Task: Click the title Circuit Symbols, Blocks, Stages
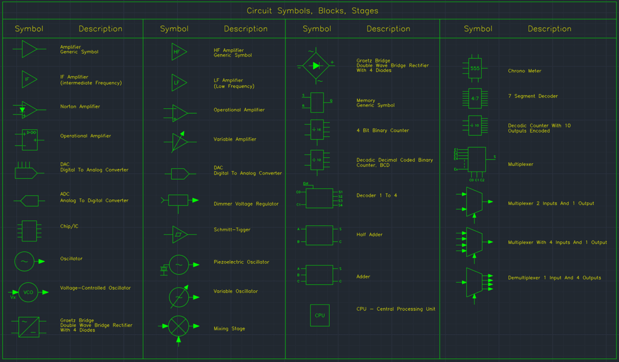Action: pos(312,11)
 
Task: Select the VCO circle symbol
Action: pos(28,292)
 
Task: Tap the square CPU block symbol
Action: pos(319,315)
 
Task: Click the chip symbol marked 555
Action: pos(475,68)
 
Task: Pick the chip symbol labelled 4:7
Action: pos(475,97)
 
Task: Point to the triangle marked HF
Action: pos(178,52)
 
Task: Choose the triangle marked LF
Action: pos(178,83)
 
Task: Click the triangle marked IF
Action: pos(28,79)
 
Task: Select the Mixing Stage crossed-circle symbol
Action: pos(178,326)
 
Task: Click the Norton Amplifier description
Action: pos(80,106)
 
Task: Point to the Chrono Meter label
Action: pos(525,71)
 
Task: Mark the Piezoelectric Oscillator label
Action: pos(241,262)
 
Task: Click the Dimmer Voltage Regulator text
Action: pos(246,204)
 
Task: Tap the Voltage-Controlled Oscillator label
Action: pos(95,288)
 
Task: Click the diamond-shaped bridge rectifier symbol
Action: pos(316,66)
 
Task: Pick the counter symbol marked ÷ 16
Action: pos(316,130)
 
